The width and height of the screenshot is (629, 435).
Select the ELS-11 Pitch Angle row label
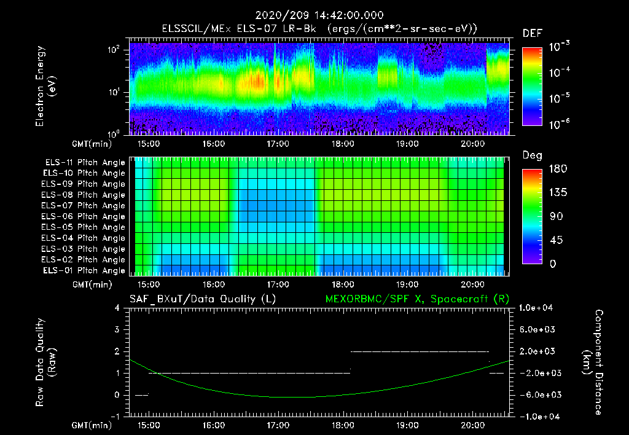point(85,162)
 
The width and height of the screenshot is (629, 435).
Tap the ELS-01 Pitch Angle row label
point(85,270)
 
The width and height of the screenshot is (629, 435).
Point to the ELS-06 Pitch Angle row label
point(85,216)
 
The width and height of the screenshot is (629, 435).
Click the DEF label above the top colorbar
point(532,33)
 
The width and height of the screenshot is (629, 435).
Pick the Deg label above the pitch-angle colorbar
point(532,155)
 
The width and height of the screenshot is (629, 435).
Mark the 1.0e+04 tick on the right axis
point(538,308)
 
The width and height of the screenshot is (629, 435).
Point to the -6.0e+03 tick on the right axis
point(538,394)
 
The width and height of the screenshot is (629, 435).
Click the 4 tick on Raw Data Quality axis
point(118,308)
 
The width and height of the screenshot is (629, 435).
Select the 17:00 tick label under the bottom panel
point(278,425)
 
